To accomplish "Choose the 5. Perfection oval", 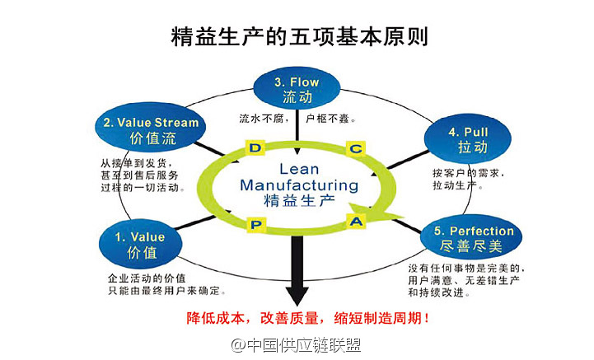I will [469, 239].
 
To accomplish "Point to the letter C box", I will [355, 148].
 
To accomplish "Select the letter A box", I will [356, 221].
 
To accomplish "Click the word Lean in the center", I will [299, 167].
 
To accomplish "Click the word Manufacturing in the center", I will [299, 185].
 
